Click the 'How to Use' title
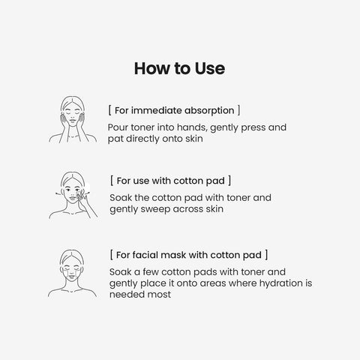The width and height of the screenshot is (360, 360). [x=179, y=68]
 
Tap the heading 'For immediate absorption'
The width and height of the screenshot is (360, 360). [x=174, y=110]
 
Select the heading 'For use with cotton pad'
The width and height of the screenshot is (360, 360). [x=171, y=181]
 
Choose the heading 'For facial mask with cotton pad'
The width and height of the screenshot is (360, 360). [x=189, y=255]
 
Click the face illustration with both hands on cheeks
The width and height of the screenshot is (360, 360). [x=73, y=119]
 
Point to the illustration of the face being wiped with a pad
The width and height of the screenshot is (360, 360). [x=73, y=195]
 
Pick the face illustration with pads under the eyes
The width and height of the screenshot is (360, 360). [x=72, y=273]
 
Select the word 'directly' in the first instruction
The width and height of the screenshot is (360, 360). [x=142, y=139]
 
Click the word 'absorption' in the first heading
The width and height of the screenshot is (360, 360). [x=209, y=111]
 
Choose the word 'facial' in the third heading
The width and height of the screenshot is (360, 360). [x=145, y=255]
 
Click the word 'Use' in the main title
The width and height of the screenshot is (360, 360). [x=210, y=68]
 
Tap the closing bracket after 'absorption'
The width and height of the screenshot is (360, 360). [x=238, y=110]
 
